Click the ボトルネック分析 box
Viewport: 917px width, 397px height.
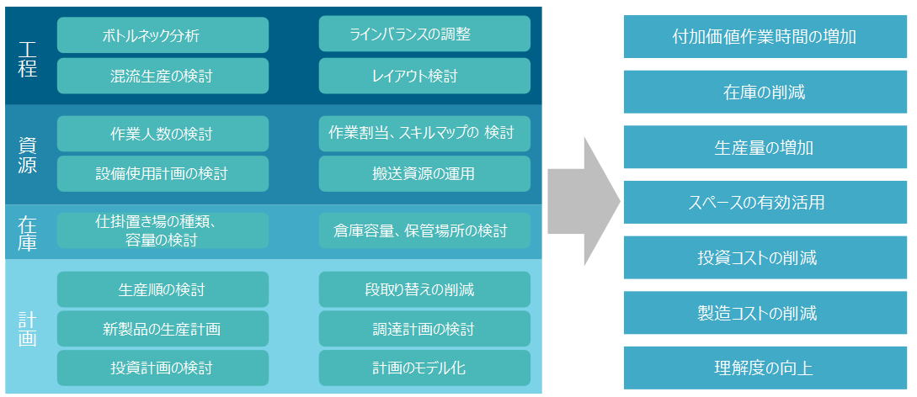click(x=163, y=35)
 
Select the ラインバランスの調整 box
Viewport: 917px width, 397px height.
click(x=424, y=34)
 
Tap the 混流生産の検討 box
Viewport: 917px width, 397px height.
click(x=163, y=76)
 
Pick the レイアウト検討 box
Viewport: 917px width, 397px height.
click(x=424, y=76)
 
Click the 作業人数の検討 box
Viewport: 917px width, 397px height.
click(x=163, y=134)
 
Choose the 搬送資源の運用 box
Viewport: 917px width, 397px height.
click(x=424, y=173)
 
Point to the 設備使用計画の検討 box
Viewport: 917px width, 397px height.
click(x=163, y=173)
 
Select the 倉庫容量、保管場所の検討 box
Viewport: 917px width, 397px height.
click(x=424, y=230)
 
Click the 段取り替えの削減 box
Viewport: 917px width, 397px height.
click(x=424, y=289)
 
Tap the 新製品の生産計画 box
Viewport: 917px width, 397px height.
click(x=163, y=329)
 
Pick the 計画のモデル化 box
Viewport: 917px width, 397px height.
click(x=424, y=368)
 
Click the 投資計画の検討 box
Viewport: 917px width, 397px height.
click(x=163, y=368)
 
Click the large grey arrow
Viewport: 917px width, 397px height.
click(x=584, y=201)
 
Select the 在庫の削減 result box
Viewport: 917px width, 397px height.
click(x=765, y=93)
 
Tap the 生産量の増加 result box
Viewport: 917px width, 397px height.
click(x=765, y=147)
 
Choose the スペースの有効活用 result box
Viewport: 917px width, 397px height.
click(x=765, y=203)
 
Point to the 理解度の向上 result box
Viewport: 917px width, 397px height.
click(x=765, y=368)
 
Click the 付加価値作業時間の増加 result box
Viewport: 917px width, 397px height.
click(x=765, y=37)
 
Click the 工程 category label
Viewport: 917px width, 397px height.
click(x=28, y=58)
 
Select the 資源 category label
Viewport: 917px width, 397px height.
click(x=28, y=156)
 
